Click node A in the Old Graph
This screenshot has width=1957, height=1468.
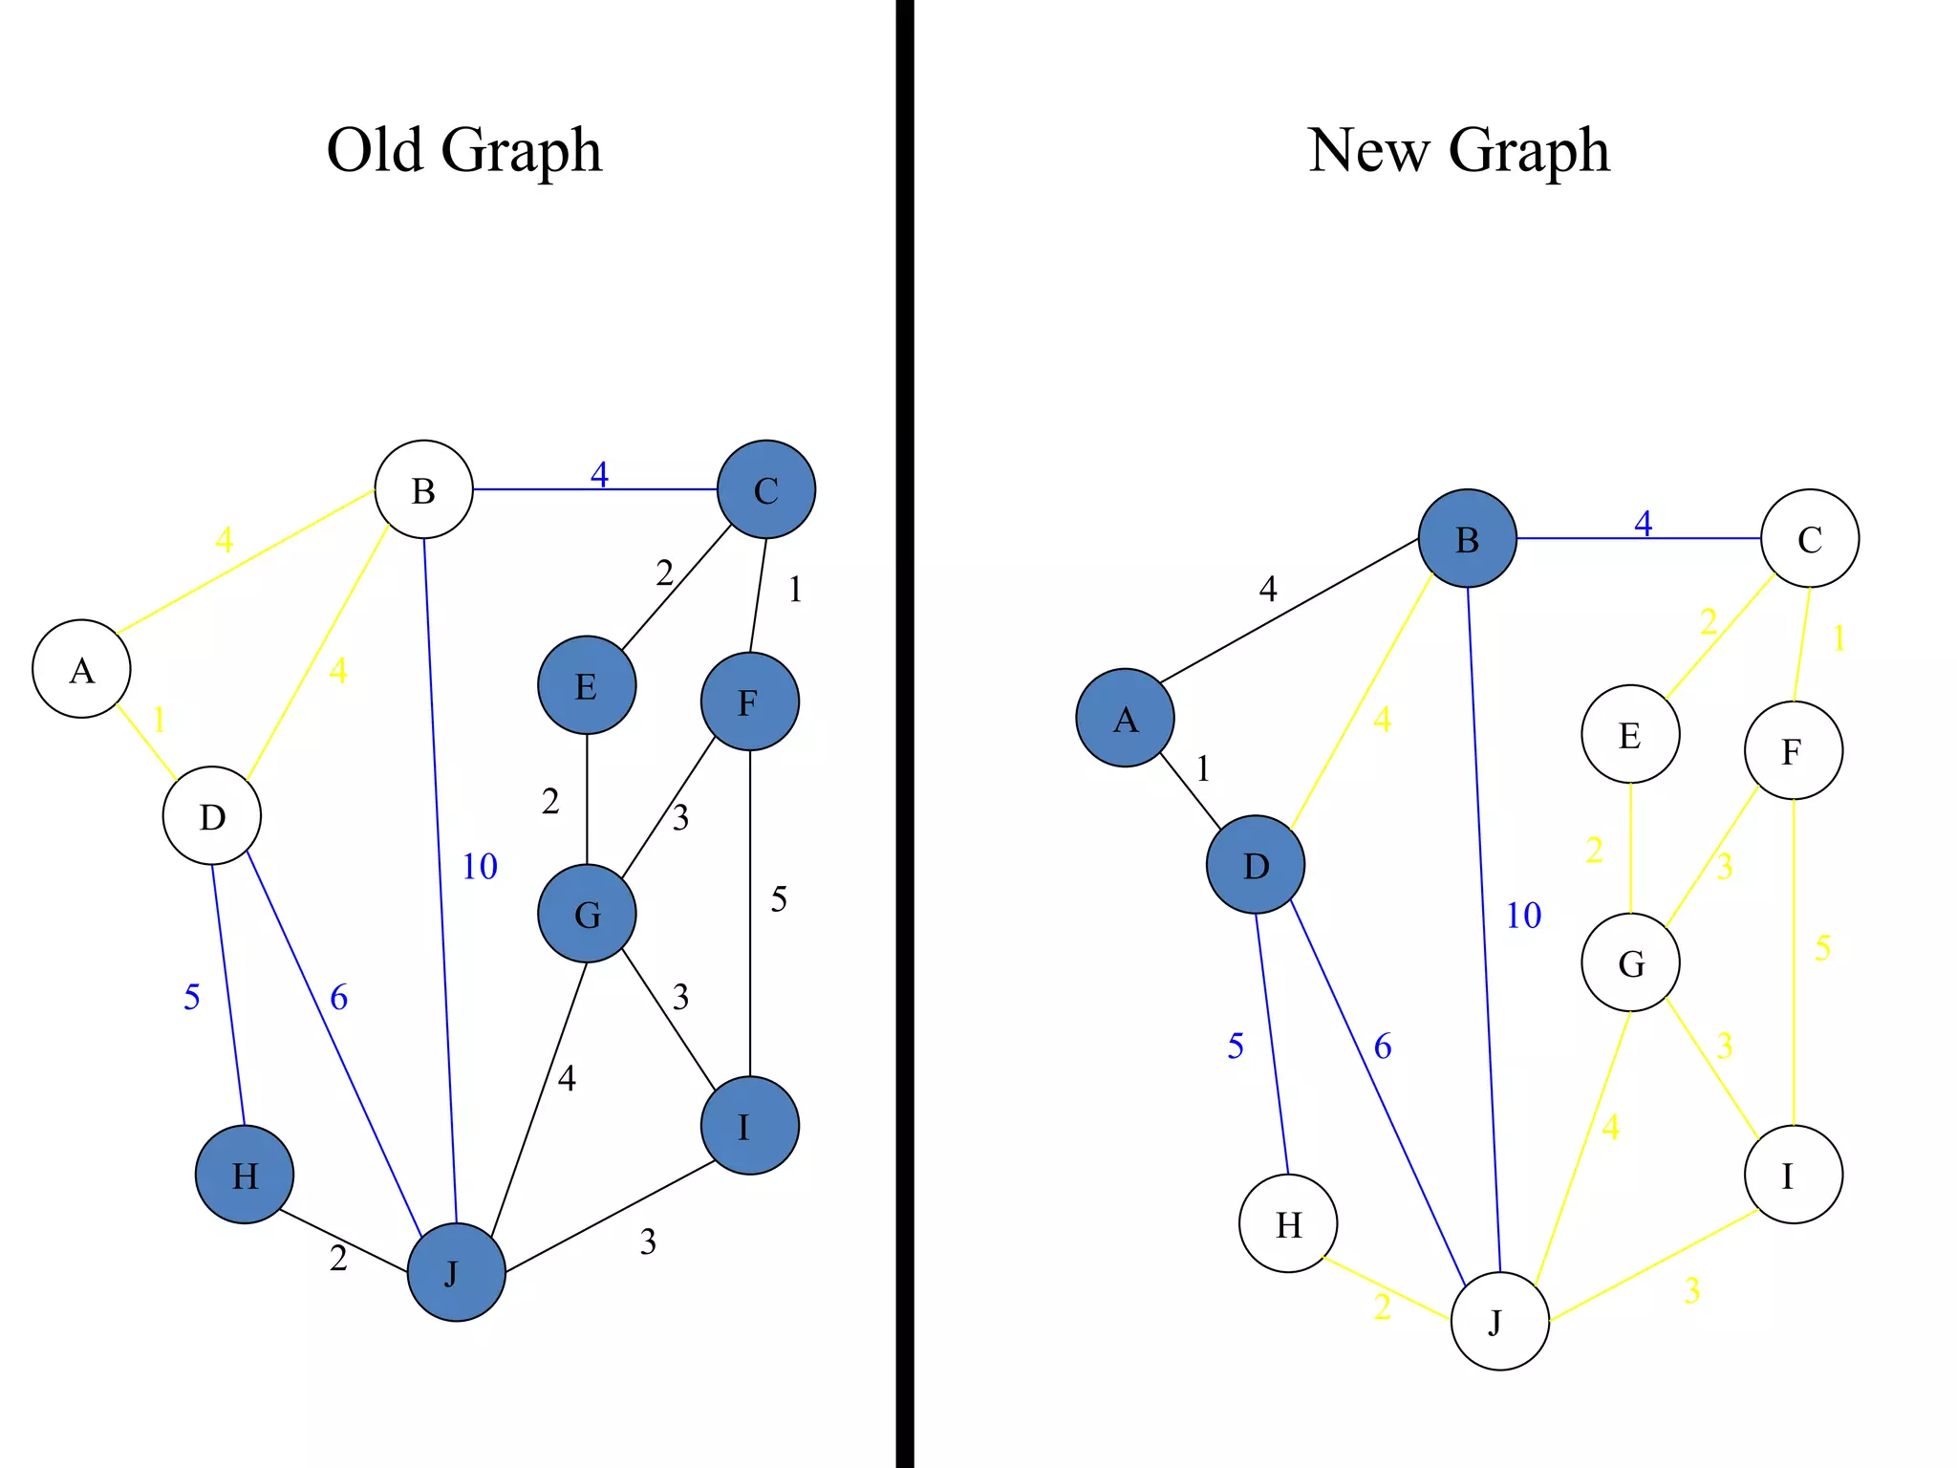click(81, 669)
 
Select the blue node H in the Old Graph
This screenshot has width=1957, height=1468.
click(245, 1175)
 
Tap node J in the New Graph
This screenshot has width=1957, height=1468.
click(1499, 1321)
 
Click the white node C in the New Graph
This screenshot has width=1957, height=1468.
click(1810, 538)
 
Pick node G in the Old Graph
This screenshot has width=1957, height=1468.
click(587, 914)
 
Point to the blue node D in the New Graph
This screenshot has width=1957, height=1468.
click(1256, 865)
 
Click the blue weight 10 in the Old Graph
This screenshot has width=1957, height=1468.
click(480, 867)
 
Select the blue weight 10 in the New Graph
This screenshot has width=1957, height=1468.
click(1523, 916)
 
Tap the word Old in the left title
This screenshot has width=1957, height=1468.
click(374, 150)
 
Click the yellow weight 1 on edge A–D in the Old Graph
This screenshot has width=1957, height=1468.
click(159, 719)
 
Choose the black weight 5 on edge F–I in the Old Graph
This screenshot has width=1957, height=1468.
click(779, 899)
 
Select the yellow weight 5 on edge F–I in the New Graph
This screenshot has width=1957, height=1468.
click(1822, 948)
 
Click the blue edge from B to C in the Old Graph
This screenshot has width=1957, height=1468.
click(535, 489)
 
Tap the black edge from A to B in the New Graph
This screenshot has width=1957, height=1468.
click(1290, 611)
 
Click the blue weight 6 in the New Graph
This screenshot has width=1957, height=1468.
click(1382, 1047)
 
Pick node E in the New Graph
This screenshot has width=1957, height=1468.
click(1630, 734)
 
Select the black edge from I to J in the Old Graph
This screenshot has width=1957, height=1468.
click(612, 1216)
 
